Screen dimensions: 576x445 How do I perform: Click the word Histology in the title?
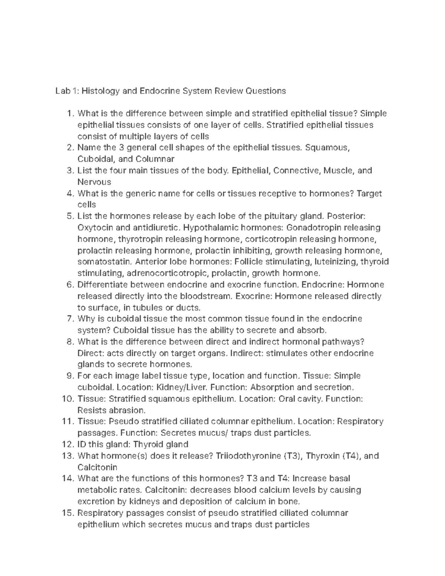pyautogui.click(x=98, y=91)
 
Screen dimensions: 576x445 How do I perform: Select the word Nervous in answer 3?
pyautogui.click(x=94, y=182)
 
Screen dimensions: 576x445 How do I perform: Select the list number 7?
pyautogui.click(x=71, y=319)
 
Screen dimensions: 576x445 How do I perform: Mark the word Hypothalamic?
pyautogui.click(x=214, y=228)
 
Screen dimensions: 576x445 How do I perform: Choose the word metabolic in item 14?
pyautogui.click(x=97, y=490)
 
